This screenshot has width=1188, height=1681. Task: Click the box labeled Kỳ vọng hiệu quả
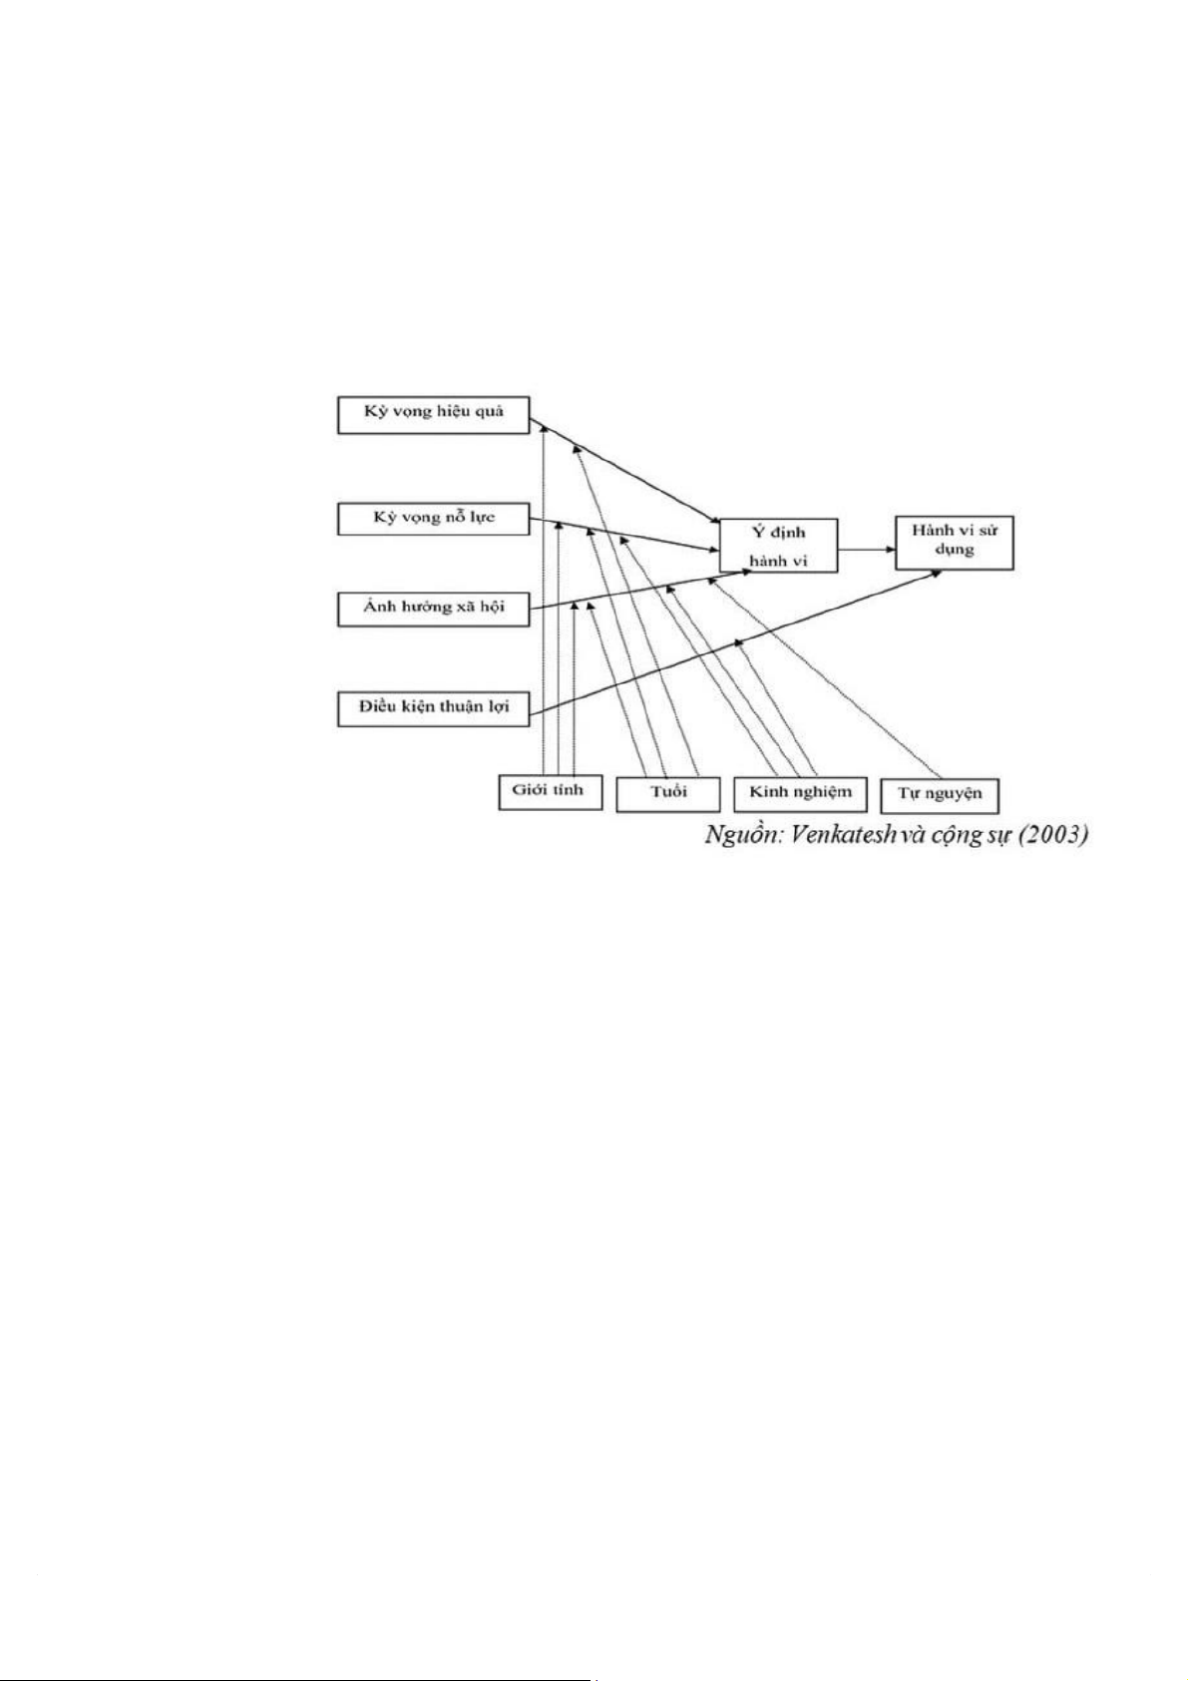click(433, 414)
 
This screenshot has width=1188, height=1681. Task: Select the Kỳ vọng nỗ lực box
click(433, 518)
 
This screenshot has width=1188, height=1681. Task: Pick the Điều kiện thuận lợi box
click(433, 706)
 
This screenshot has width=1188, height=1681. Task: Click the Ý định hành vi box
click(778, 546)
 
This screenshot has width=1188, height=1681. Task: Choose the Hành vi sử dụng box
click(954, 541)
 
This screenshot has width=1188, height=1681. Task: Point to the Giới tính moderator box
click(549, 791)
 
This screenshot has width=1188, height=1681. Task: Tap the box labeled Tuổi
click(667, 794)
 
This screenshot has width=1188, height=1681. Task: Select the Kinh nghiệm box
click(800, 792)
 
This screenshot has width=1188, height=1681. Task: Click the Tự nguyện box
click(940, 795)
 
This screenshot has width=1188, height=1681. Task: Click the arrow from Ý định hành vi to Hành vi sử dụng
click(866, 549)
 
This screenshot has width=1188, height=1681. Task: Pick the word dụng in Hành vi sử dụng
click(955, 550)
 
